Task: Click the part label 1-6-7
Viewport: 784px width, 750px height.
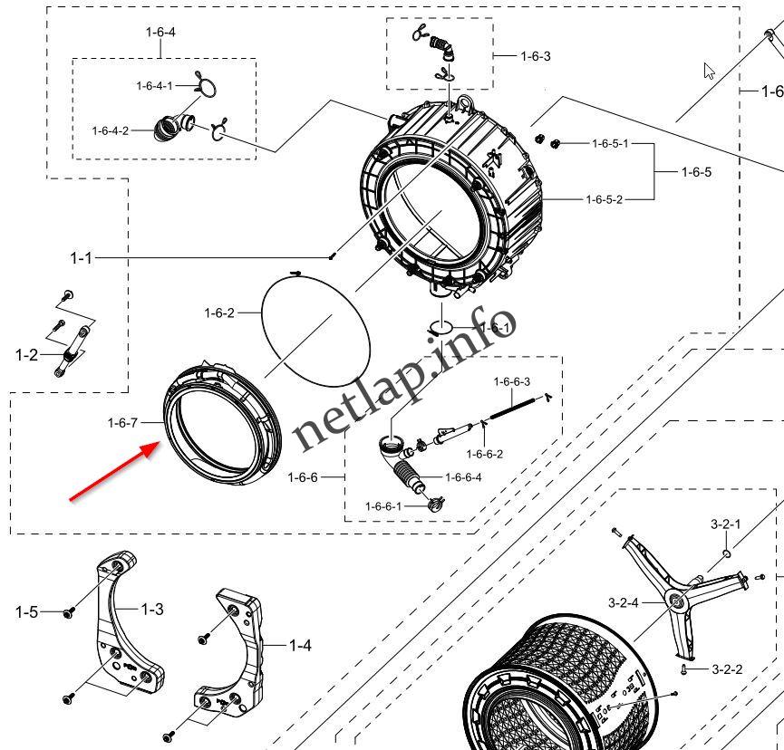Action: pyautogui.click(x=122, y=423)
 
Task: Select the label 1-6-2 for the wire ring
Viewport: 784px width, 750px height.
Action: pyautogui.click(x=219, y=313)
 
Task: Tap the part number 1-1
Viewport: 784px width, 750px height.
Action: pyautogui.click(x=81, y=258)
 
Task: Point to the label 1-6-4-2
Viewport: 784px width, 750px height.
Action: pyautogui.click(x=112, y=130)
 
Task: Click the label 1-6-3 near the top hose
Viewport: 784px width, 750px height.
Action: pyautogui.click(x=535, y=56)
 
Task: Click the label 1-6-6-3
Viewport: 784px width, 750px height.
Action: pyautogui.click(x=512, y=382)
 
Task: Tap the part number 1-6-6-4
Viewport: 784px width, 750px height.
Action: pyautogui.click(x=463, y=477)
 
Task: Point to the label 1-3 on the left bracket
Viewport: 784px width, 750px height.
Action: pyautogui.click(x=152, y=610)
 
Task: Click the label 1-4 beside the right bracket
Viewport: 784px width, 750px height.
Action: pyautogui.click(x=300, y=645)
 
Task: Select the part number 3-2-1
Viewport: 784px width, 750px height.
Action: pyautogui.click(x=725, y=524)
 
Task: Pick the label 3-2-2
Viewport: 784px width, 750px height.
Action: pyautogui.click(x=726, y=669)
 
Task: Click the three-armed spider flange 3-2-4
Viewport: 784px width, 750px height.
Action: pyautogui.click(x=675, y=598)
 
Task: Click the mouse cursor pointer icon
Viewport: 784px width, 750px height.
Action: pyautogui.click(x=710, y=71)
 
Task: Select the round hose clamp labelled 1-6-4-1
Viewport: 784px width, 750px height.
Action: pyautogui.click(x=206, y=87)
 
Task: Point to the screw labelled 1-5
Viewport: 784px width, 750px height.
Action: pyautogui.click(x=68, y=613)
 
